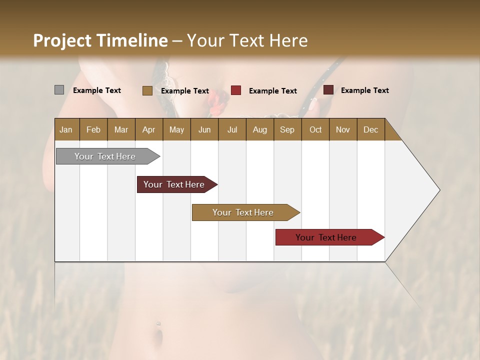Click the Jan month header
pyautogui.click(x=66, y=130)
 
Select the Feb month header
pyautogui.click(x=93, y=130)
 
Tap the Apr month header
pyautogui.click(x=148, y=130)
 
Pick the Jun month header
pyautogui.click(x=204, y=130)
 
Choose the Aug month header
pyautogui.click(x=259, y=130)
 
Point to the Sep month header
pyautogui.click(x=287, y=130)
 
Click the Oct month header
pyautogui.click(x=315, y=130)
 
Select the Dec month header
pyautogui.click(x=370, y=130)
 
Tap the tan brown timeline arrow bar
pyautogui.click(x=243, y=212)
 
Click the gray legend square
pyautogui.click(x=59, y=90)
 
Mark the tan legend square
pyautogui.click(x=147, y=90)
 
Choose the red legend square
pyautogui.click(x=236, y=90)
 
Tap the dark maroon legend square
pyautogui.click(x=328, y=90)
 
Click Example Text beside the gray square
pyautogui.click(x=97, y=90)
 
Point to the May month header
pyautogui.click(x=176, y=130)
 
